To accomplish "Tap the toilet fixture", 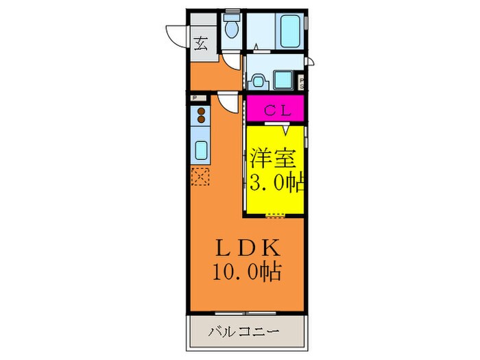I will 232,27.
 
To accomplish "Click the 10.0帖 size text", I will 249,272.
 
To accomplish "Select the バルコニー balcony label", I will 244,333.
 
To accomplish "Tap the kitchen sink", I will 201,149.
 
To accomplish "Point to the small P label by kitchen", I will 195,99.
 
